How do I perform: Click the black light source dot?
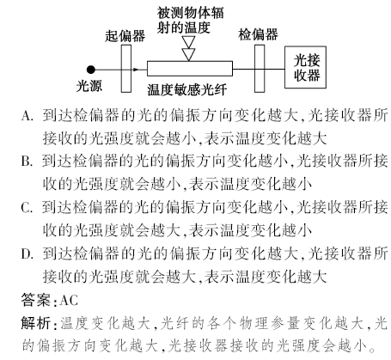[x=91, y=70]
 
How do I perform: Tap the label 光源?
[x=89, y=86]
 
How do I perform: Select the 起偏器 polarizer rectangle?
[x=126, y=69]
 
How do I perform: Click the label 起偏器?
[x=125, y=36]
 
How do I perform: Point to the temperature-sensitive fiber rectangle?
[x=190, y=69]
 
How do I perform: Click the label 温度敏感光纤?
[x=187, y=90]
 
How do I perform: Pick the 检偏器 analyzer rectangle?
[x=260, y=69]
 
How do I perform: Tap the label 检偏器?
[x=258, y=34]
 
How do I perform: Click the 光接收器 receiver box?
[x=305, y=67]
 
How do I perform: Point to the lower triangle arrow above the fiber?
[x=189, y=54]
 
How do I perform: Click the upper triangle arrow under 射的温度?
[x=189, y=42]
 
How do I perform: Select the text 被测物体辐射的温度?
[x=190, y=20]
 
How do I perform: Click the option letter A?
[x=27, y=116]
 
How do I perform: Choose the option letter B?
[x=27, y=162]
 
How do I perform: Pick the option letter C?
[x=27, y=207]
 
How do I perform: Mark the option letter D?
[x=27, y=253]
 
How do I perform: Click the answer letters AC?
[x=69, y=301]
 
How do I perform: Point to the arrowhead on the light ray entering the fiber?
[x=136, y=70]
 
